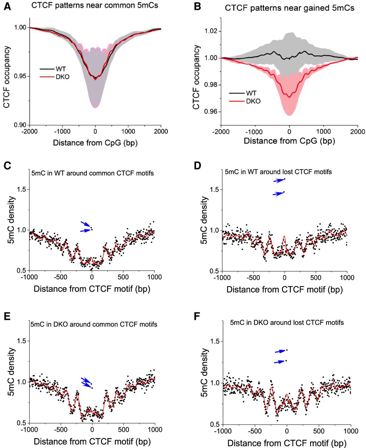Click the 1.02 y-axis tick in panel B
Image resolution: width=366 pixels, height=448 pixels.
[209, 31]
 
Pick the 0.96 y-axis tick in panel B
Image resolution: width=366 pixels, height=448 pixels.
[209, 112]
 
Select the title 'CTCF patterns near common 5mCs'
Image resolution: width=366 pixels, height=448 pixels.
[94, 6]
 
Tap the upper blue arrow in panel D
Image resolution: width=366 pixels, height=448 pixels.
[278, 181]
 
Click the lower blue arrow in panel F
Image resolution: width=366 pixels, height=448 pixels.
[279, 362]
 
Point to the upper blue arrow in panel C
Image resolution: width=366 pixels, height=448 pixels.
[85, 224]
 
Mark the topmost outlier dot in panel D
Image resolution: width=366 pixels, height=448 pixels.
[285, 179]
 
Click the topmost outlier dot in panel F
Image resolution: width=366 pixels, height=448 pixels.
[287, 350]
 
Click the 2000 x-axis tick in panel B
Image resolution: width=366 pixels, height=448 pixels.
[357, 132]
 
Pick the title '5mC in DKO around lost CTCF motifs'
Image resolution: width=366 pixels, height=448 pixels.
[287, 322]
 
